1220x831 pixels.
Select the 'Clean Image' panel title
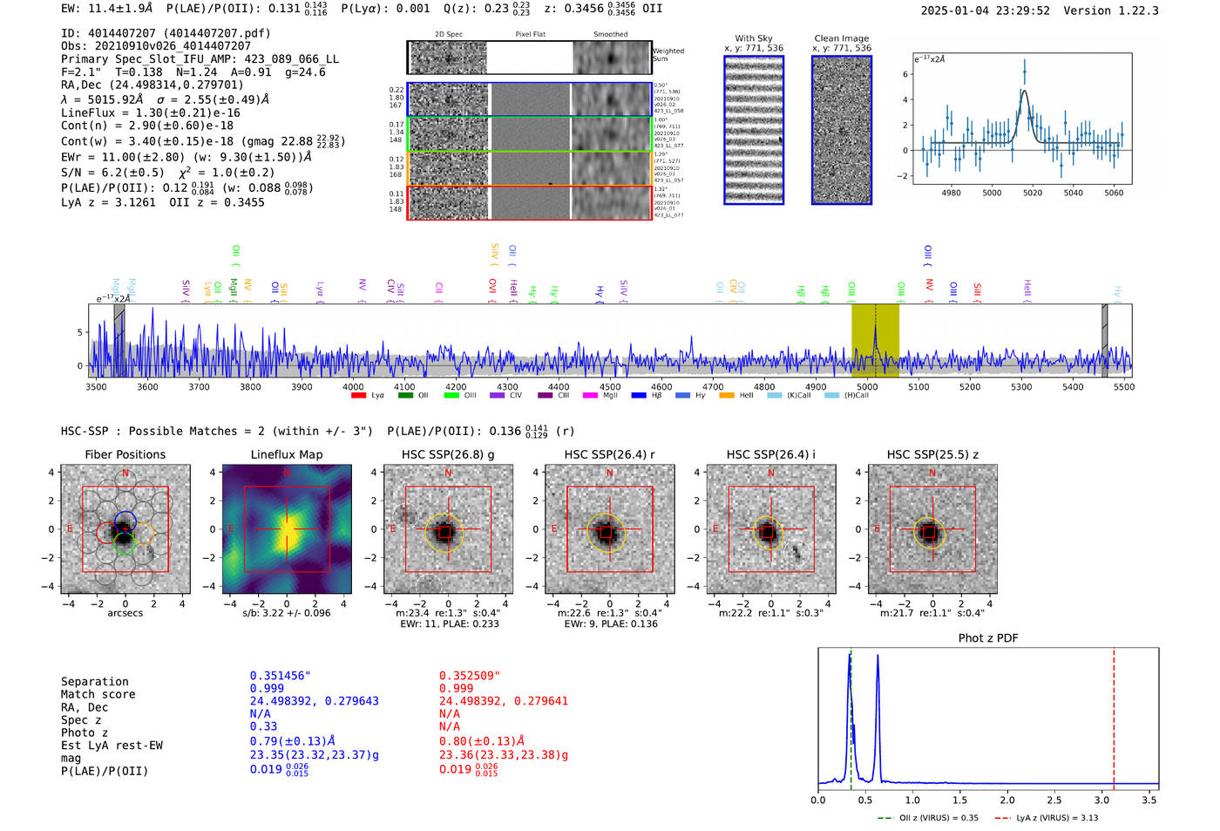coord(841,38)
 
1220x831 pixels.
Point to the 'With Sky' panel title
coord(753,38)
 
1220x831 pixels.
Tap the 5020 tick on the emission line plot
coord(1033,193)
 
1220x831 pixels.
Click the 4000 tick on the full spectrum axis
coord(353,386)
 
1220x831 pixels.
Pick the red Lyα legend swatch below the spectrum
coord(358,396)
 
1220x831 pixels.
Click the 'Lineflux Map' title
coord(286,454)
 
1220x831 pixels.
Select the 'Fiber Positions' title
coord(125,454)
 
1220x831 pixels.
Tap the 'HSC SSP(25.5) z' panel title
coord(932,454)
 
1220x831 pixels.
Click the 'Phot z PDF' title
coord(988,638)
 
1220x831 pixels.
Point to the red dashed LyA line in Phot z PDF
coord(1114,715)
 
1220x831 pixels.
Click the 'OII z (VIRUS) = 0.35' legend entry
coord(929,818)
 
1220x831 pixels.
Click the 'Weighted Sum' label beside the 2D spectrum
coord(668,54)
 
